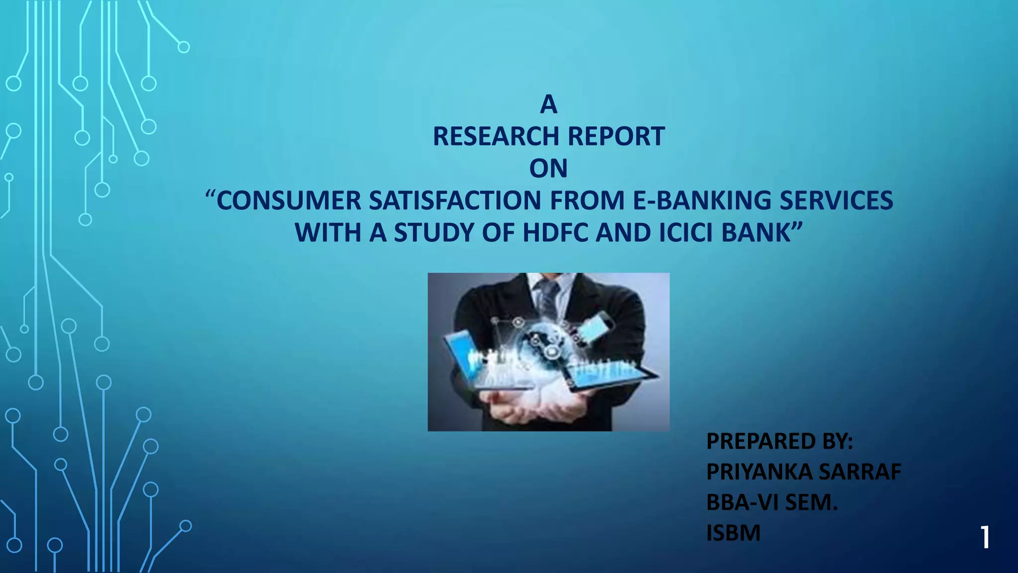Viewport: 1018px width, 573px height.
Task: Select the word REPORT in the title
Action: (x=616, y=136)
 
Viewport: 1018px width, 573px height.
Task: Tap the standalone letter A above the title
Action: (x=548, y=104)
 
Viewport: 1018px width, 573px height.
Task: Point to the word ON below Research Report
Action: (x=548, y=169)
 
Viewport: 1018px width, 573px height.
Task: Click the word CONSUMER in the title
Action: (x=289, y=200)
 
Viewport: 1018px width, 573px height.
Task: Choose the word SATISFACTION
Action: (x=454, y=200)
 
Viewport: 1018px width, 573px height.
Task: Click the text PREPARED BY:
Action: (x=779, y=441)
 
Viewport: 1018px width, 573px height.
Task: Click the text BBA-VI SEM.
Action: (x=772, y=502)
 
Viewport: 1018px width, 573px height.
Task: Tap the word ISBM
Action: (x=733, y=533)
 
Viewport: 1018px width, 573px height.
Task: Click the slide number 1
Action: (x=985, y=538)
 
